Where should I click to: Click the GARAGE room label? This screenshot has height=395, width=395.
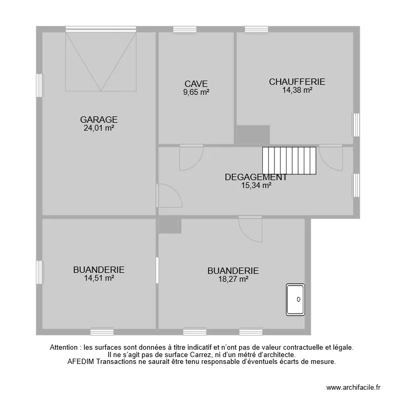point(98,120)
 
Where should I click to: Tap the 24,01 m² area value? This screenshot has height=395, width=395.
point(99,128)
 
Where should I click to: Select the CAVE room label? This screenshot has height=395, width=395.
point(196,84)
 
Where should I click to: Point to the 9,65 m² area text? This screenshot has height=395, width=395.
point(196,92)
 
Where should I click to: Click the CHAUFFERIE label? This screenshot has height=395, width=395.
point(297,82)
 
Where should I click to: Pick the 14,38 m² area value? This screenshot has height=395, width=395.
point(298,90)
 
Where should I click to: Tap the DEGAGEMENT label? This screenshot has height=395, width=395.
point(256,177)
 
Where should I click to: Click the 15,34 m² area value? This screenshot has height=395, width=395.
point(256,185)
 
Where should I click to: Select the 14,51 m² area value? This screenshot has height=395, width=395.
point(99,278)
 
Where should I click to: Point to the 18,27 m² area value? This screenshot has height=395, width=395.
point(233,280)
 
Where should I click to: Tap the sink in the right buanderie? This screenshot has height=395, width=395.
point(296,299)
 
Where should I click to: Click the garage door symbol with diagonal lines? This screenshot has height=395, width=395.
point(101,61)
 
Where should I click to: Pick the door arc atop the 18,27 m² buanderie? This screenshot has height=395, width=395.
point(250,230)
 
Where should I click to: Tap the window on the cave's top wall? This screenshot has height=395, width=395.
point(184,29)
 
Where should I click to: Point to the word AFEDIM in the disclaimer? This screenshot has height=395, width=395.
point(82,362)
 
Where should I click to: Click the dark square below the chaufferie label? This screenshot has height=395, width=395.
point(252,134)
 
